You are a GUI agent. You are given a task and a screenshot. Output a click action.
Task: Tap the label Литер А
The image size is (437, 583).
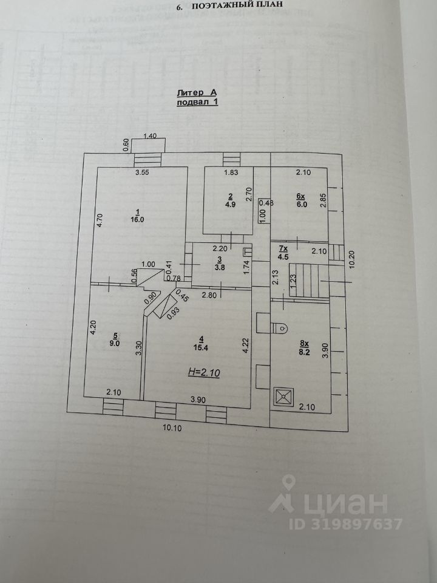point(196,93)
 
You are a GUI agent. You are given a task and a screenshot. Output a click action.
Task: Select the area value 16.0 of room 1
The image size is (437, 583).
point(137,220)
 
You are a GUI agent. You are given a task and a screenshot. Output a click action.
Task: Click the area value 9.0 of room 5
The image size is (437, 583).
point(115,342)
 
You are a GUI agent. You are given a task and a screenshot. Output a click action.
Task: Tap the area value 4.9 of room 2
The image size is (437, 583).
point(230,204)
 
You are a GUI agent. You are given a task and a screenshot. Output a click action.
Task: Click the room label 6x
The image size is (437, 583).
point(302,196)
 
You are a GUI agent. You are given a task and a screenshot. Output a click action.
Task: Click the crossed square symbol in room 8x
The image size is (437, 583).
point(283,397)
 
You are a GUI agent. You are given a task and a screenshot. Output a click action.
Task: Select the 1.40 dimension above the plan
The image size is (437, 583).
point(150,137)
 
